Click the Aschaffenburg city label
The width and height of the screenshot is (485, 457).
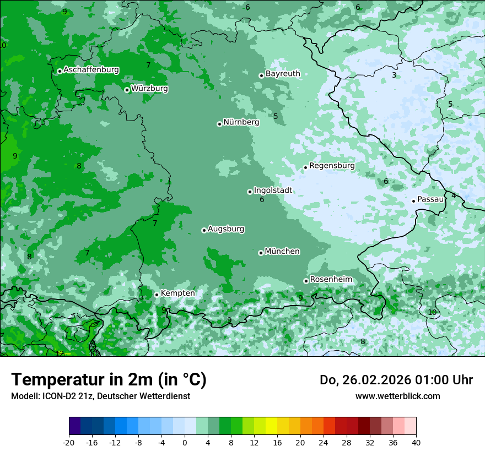point(91,70)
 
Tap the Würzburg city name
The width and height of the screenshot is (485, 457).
point(149,89)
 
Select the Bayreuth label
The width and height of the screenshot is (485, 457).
point(283,74)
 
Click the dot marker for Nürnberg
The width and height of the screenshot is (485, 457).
point(219,124)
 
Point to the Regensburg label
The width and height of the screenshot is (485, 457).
point(332,166)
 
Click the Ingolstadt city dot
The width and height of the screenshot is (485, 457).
point(250,192)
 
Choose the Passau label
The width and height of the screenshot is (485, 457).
point(430,199)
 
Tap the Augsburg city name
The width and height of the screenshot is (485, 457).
point(226,229)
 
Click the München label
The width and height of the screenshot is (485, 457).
point(282,252)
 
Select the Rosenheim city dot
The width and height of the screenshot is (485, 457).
point(306,281)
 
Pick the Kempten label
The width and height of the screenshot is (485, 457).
point(177,293)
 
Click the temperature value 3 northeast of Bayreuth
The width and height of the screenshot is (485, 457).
point(394,75)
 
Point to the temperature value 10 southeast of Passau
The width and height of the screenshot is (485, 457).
point(432,312)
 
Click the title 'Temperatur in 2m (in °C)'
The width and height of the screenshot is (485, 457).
point(109,379)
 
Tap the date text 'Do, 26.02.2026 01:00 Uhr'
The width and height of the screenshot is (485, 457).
point(396,380)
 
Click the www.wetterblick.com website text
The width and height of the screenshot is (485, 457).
point(397,396)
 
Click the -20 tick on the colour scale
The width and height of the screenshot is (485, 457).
point(69,442)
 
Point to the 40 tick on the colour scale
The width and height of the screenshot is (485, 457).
point(416,442)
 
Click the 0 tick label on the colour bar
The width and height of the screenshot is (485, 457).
point(185,442)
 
